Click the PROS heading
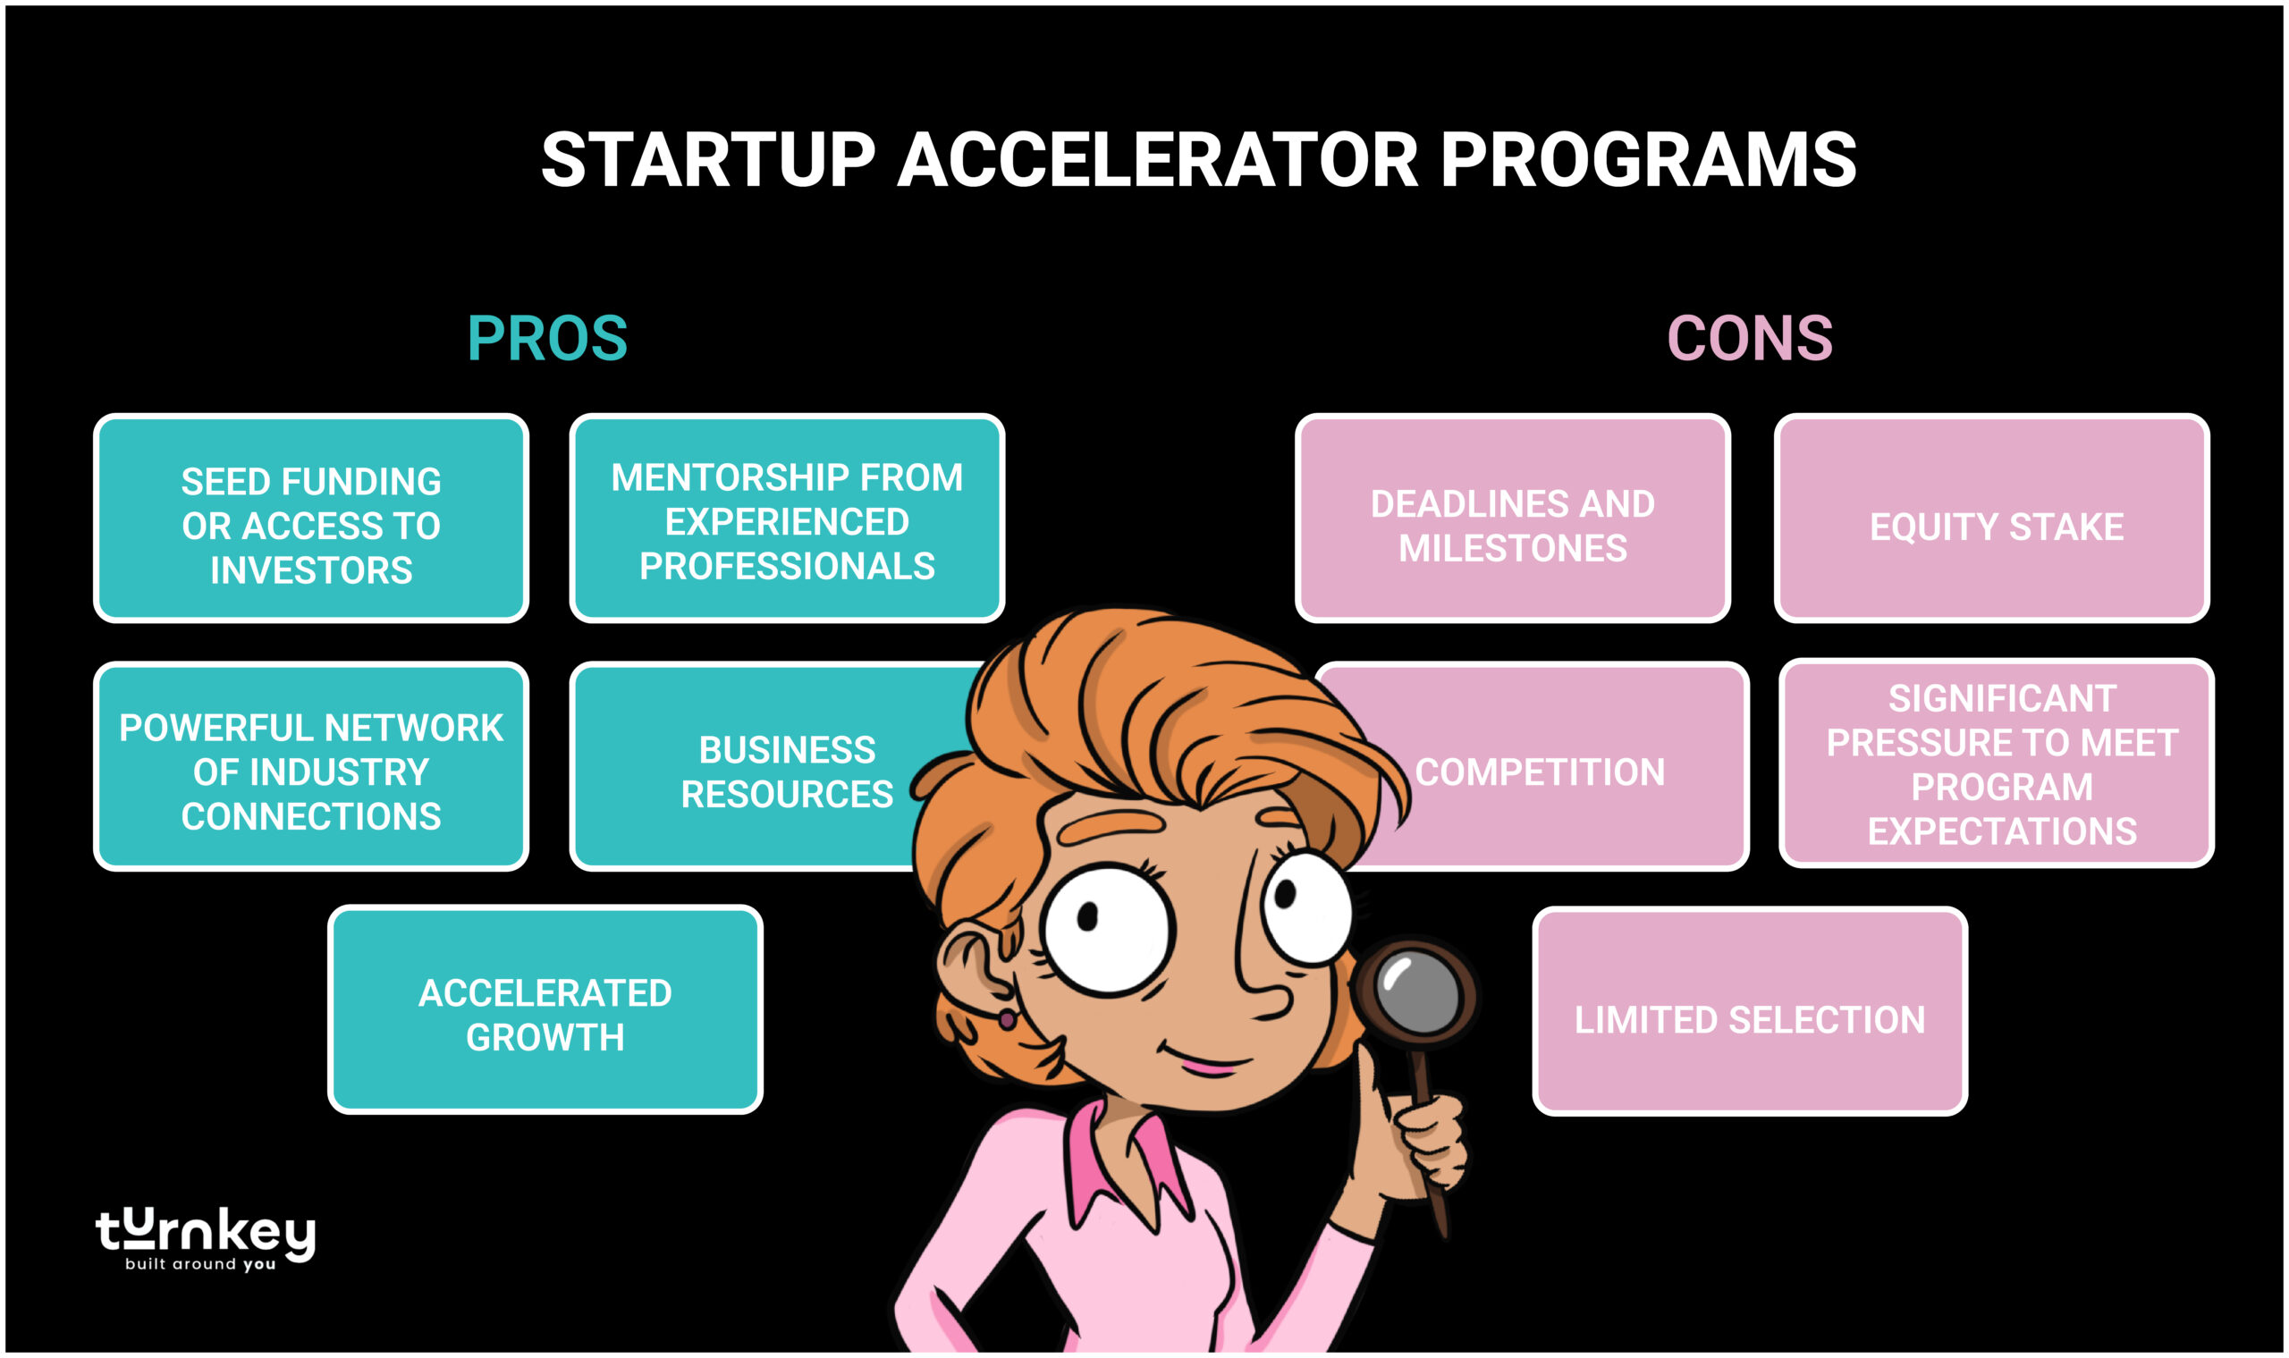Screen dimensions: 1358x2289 [547, 339]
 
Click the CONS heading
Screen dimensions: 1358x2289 [1749, 339]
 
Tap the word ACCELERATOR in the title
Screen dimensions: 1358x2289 [1157, 160]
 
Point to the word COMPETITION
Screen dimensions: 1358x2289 [1540, 772]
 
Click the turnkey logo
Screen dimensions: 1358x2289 [205, 1237]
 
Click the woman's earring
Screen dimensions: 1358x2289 [1006, 1018]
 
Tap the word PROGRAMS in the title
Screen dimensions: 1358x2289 [1648, 160]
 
